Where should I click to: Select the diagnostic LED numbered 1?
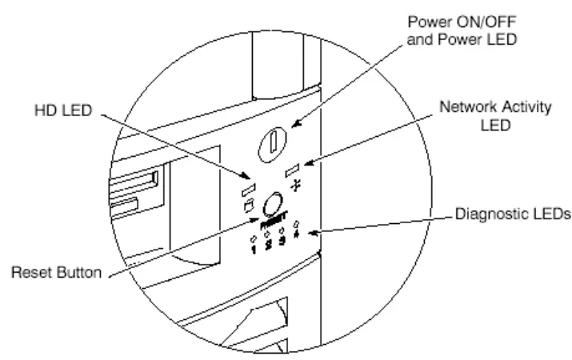click(x=254, y=238)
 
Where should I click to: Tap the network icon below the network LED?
click(x=297, y=185)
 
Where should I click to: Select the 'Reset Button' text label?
click(x=55, y=274)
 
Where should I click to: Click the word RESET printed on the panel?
click(x=274, y=218)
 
